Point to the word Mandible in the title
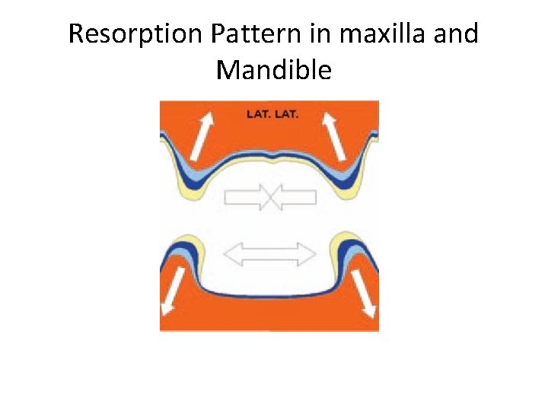274,70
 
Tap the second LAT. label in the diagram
287,115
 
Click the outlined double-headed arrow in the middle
272,253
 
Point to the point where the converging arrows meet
271,198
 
